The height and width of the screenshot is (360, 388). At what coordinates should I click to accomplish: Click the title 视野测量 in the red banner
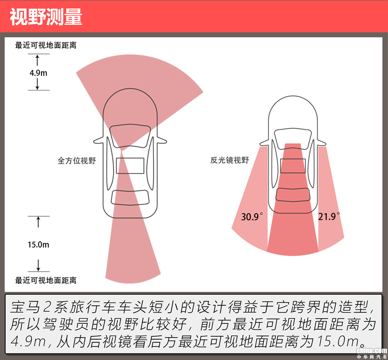pos(46,16)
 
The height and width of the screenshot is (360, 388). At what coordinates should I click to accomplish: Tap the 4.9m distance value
pos(38,73)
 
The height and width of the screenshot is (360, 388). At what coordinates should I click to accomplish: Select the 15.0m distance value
pos(38,245)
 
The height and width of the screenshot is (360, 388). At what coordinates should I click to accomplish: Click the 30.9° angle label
pos(252,217)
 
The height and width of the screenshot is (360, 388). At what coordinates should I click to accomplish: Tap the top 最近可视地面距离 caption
pos(46,45)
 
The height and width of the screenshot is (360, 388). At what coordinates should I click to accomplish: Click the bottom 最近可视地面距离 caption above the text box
pos(46,280)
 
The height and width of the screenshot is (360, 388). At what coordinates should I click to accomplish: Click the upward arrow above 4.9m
pos(38,60)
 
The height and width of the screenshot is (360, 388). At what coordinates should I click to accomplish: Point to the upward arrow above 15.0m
pos(38,222)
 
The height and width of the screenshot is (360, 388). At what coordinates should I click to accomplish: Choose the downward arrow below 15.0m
pos(38,264)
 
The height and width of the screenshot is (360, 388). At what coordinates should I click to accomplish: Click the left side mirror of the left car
pos(99,140)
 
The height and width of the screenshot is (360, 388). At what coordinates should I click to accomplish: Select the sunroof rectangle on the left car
pos(130,166)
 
